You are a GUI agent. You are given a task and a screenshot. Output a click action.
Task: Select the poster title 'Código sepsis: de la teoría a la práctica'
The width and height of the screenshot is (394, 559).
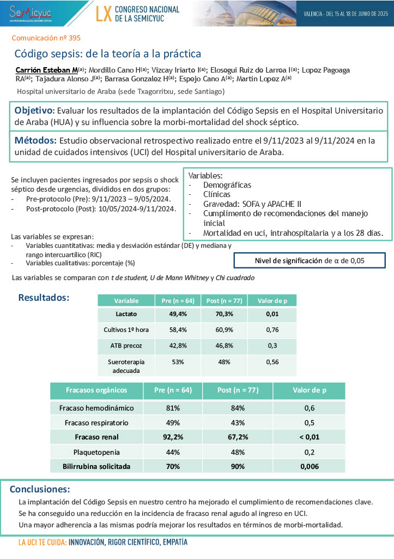click(x=107, y=54)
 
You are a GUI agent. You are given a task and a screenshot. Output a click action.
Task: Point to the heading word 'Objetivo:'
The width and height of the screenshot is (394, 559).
click(x=34, y=110)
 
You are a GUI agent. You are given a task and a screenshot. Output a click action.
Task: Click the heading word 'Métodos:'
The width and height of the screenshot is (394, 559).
click(x=35, y=141)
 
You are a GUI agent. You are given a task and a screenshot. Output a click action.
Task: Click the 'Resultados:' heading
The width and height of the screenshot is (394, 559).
click(x=44, y=298)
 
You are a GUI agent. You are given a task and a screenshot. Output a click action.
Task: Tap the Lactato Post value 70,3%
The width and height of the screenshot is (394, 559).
click(x=224, y=314)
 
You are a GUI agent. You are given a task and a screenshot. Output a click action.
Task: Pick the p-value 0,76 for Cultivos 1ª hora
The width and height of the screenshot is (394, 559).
click(x=272, y=330)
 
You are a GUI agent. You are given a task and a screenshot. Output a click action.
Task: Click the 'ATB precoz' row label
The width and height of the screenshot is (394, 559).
click(x=126, y=346)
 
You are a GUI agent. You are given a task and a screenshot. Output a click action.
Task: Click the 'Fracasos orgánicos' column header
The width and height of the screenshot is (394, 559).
click(x=96, y=390)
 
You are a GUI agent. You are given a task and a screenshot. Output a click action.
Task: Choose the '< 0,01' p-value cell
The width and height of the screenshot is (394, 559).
click(x=308, y=437)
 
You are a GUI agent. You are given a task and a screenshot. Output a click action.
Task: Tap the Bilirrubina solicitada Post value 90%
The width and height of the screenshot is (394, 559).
click(x=237, y=467)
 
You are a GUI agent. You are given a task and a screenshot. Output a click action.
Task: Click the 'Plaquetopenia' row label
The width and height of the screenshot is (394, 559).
click(x=96, y=452)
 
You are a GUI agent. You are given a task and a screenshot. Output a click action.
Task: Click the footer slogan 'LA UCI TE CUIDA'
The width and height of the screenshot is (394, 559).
click(x=43, y=543)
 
